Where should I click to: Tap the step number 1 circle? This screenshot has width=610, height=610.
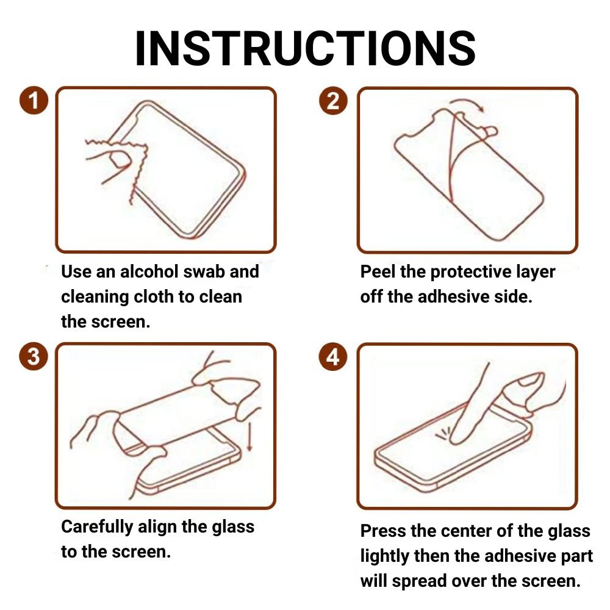(x=34, y=101)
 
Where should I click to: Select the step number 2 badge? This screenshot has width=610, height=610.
(x=333, y=101)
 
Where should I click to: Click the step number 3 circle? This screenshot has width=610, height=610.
(x=34, y=356)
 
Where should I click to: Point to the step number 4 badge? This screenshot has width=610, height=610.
(x=333, y=356)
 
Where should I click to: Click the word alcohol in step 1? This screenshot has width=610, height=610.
(x=149, y=271)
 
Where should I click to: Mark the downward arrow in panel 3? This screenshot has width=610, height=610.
(x=249, y=436)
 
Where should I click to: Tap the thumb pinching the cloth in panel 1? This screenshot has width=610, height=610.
(x=120, y=159)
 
